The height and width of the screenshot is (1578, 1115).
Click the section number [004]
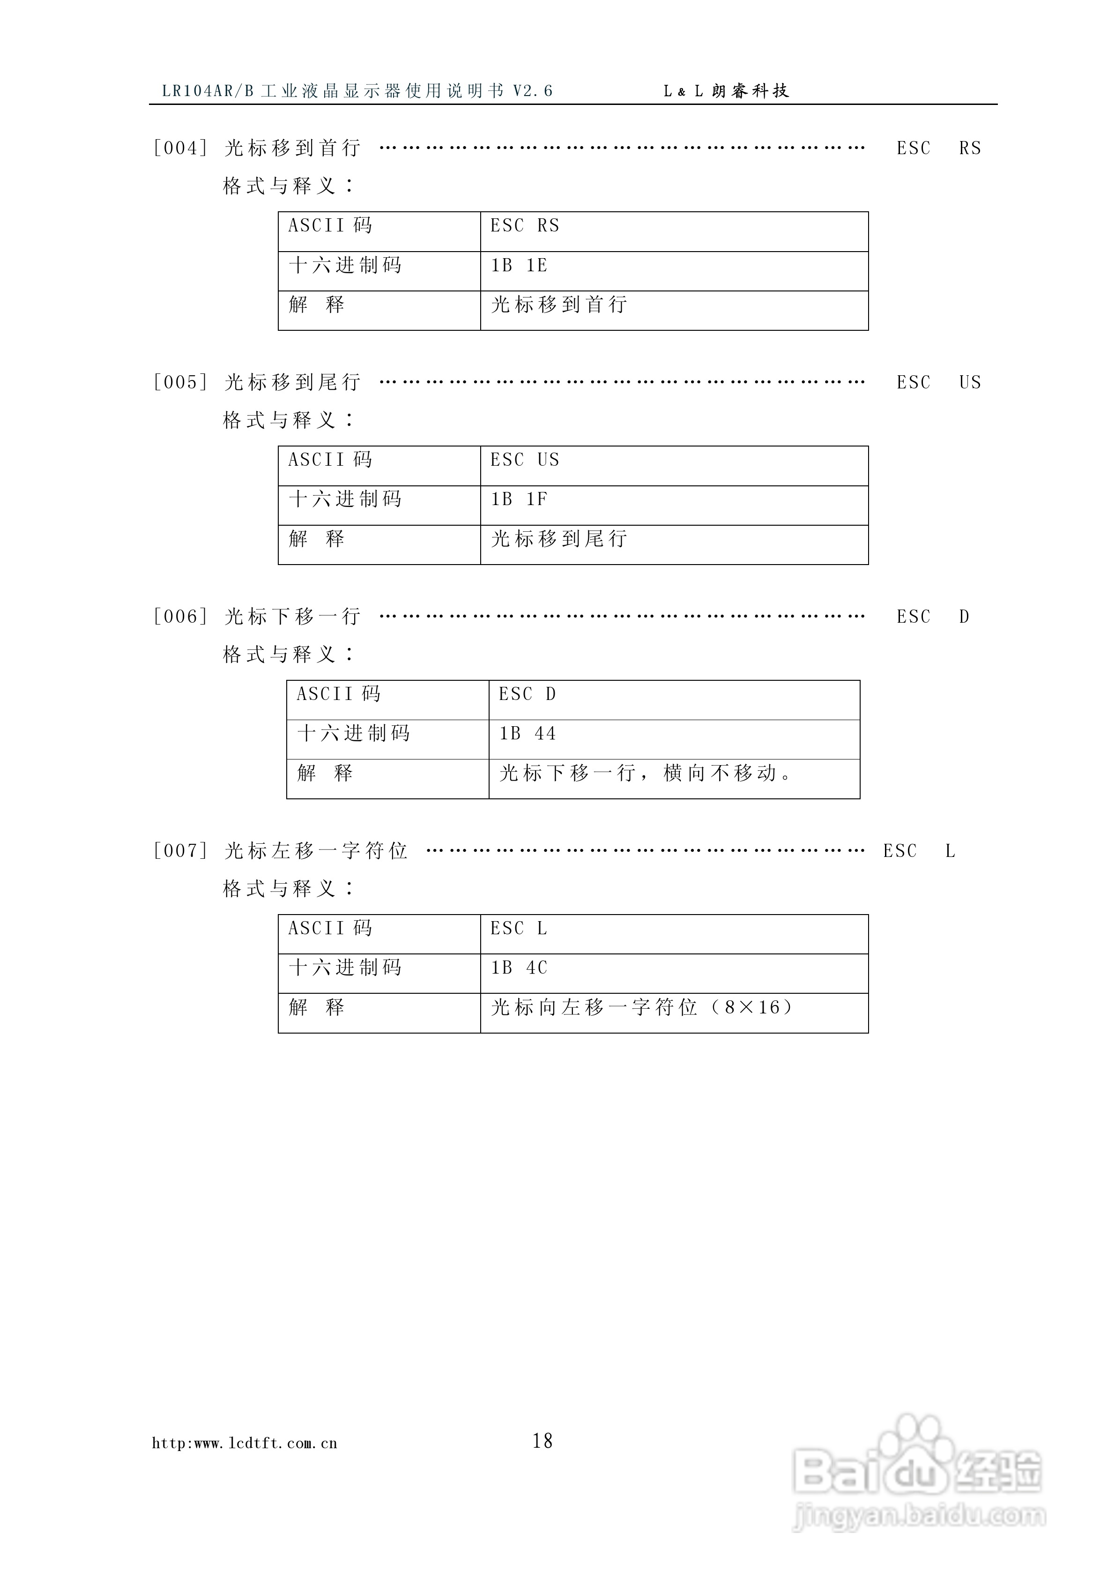[180, 148]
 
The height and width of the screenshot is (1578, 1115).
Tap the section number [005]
[180, 382]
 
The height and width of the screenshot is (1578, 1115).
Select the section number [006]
[180, 617]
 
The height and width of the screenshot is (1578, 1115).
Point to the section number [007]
[180, 851]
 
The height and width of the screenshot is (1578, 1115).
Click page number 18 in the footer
[543, 1441]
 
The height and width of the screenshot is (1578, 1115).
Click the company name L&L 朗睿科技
[726, 91]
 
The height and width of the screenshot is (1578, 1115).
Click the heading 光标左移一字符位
[316, 851]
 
